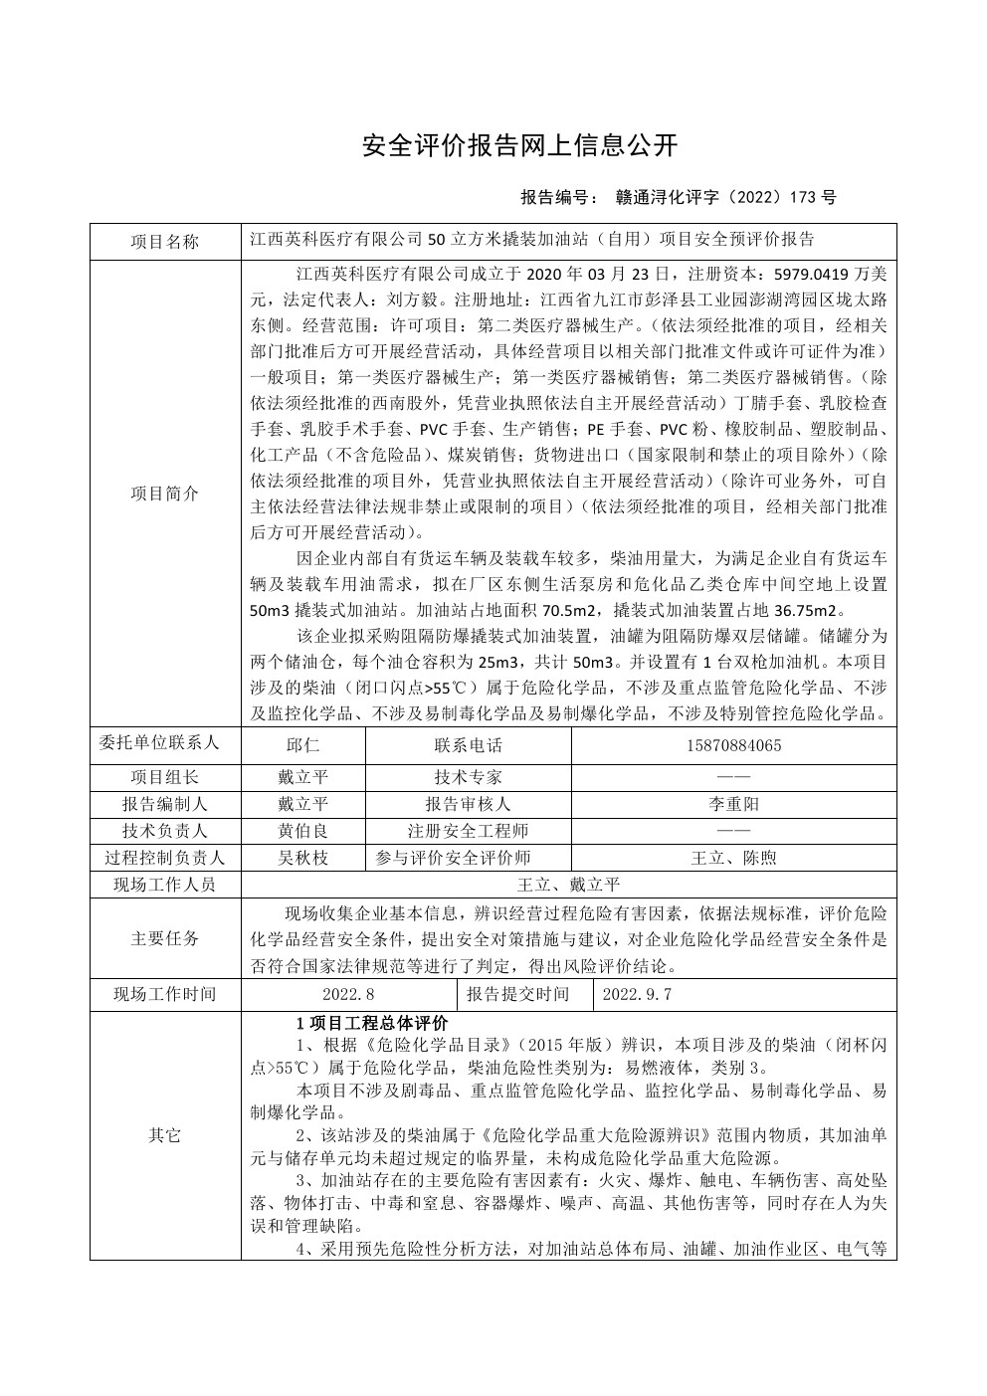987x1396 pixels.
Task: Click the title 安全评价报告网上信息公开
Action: pos(519,146)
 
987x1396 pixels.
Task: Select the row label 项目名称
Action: pos(165,242)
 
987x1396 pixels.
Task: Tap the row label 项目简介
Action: pos(165,494)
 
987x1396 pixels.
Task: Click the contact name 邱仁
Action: pos(302,744)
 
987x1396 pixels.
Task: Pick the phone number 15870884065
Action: pos(733,744)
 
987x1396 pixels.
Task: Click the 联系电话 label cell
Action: pos(469,744)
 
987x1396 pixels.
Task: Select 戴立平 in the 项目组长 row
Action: pos(302,777)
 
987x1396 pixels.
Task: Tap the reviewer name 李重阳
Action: pos(733,804)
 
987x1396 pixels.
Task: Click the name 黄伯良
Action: pos(302,831)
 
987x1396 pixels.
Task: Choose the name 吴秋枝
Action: pos(302,858)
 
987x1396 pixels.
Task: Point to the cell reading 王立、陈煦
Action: pos(733,858)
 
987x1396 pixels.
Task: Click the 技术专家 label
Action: pos(469,777)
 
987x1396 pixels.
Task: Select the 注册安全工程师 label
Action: pos(469,831)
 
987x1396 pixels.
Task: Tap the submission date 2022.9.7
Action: pos(638,993)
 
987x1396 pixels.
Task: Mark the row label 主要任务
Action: pos(165,938)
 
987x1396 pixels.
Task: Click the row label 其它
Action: pos(165,1135)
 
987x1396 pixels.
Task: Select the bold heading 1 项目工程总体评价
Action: pos(373,1023)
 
